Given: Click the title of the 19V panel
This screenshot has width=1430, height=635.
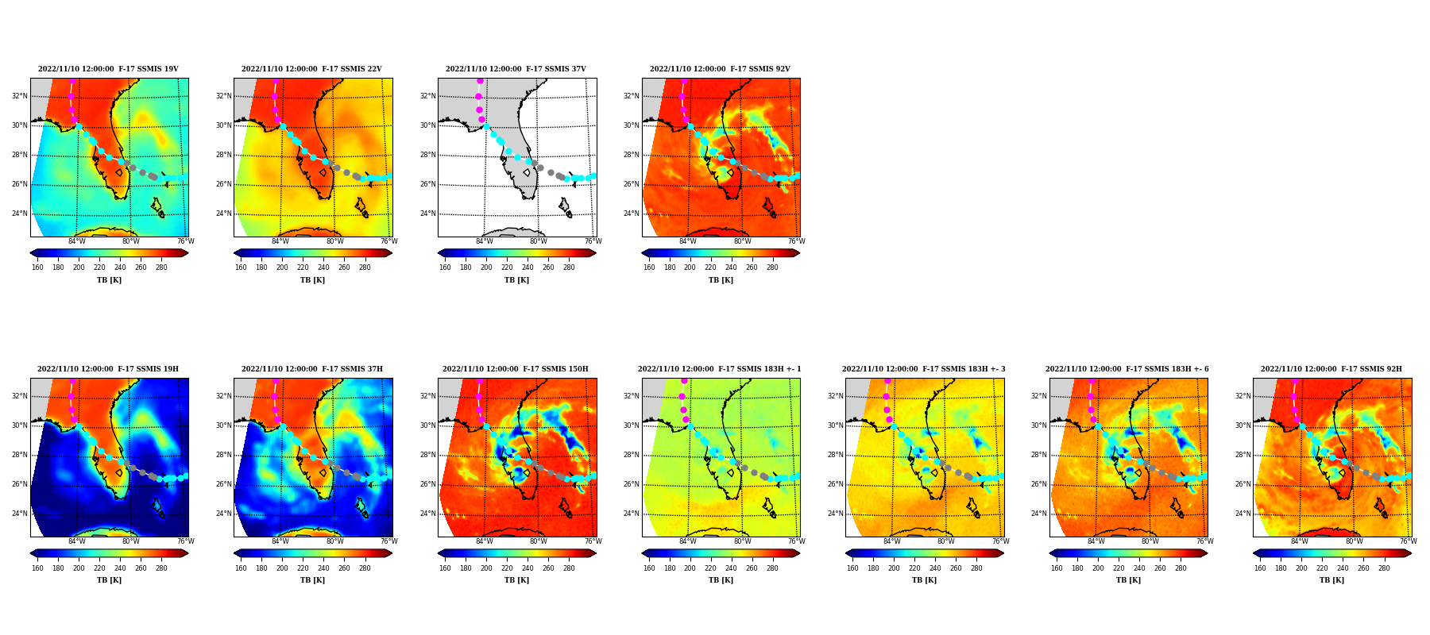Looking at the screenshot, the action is point(108,69).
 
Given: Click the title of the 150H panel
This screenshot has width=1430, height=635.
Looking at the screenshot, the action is point(516,369).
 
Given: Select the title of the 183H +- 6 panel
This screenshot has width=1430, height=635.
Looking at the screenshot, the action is point(1127,369).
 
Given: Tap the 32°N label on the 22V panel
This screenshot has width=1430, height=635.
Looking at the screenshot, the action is point(223,96).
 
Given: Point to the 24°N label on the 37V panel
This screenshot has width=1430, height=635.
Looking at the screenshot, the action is point(427,214).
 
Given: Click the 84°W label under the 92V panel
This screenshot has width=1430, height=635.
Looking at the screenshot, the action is point(687,241).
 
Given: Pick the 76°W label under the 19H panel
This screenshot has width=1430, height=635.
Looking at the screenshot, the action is point(185,541).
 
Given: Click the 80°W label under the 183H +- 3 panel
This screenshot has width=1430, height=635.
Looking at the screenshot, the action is point(945,541).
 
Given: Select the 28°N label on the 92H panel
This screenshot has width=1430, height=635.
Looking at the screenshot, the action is point(1243,455).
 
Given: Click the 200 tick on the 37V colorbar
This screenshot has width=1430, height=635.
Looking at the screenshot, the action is point(486,267).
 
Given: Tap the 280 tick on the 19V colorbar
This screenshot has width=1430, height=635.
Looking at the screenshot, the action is point(161,267).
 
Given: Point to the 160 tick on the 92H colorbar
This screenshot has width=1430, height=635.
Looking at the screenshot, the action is point(1260,568).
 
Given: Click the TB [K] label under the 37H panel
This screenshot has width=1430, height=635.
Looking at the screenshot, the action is point(312,580).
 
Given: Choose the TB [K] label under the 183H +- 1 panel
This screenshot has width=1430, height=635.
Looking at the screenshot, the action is point(721,580).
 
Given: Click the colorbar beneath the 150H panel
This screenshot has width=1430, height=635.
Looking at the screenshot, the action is point(517,553).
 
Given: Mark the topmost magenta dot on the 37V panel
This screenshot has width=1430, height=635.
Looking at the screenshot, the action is point(480,81).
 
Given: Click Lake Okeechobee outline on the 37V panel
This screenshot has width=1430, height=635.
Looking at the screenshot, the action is point(527,172).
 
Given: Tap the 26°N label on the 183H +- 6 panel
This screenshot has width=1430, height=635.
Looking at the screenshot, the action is point(1039,484).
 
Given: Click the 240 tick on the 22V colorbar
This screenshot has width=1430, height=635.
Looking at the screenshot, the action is point(323,267).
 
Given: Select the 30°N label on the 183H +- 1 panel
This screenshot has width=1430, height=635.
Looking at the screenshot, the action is point(632,425).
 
